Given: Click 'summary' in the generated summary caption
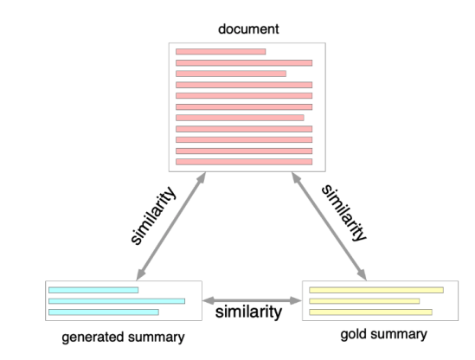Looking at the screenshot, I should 157,337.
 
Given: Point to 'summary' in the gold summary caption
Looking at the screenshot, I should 399,334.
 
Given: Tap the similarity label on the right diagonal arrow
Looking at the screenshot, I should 343,211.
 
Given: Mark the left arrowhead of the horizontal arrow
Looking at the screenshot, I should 208,301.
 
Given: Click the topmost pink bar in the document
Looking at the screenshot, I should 221,52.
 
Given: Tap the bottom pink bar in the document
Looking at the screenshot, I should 243,162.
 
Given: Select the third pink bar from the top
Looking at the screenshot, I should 230,74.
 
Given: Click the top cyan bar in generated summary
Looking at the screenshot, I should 93,290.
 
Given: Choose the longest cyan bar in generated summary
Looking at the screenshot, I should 117,301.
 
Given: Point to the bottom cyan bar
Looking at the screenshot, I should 104,312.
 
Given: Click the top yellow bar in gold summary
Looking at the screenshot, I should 376,290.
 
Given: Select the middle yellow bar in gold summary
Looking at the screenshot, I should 363,301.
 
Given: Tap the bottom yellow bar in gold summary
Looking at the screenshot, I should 370,312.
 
